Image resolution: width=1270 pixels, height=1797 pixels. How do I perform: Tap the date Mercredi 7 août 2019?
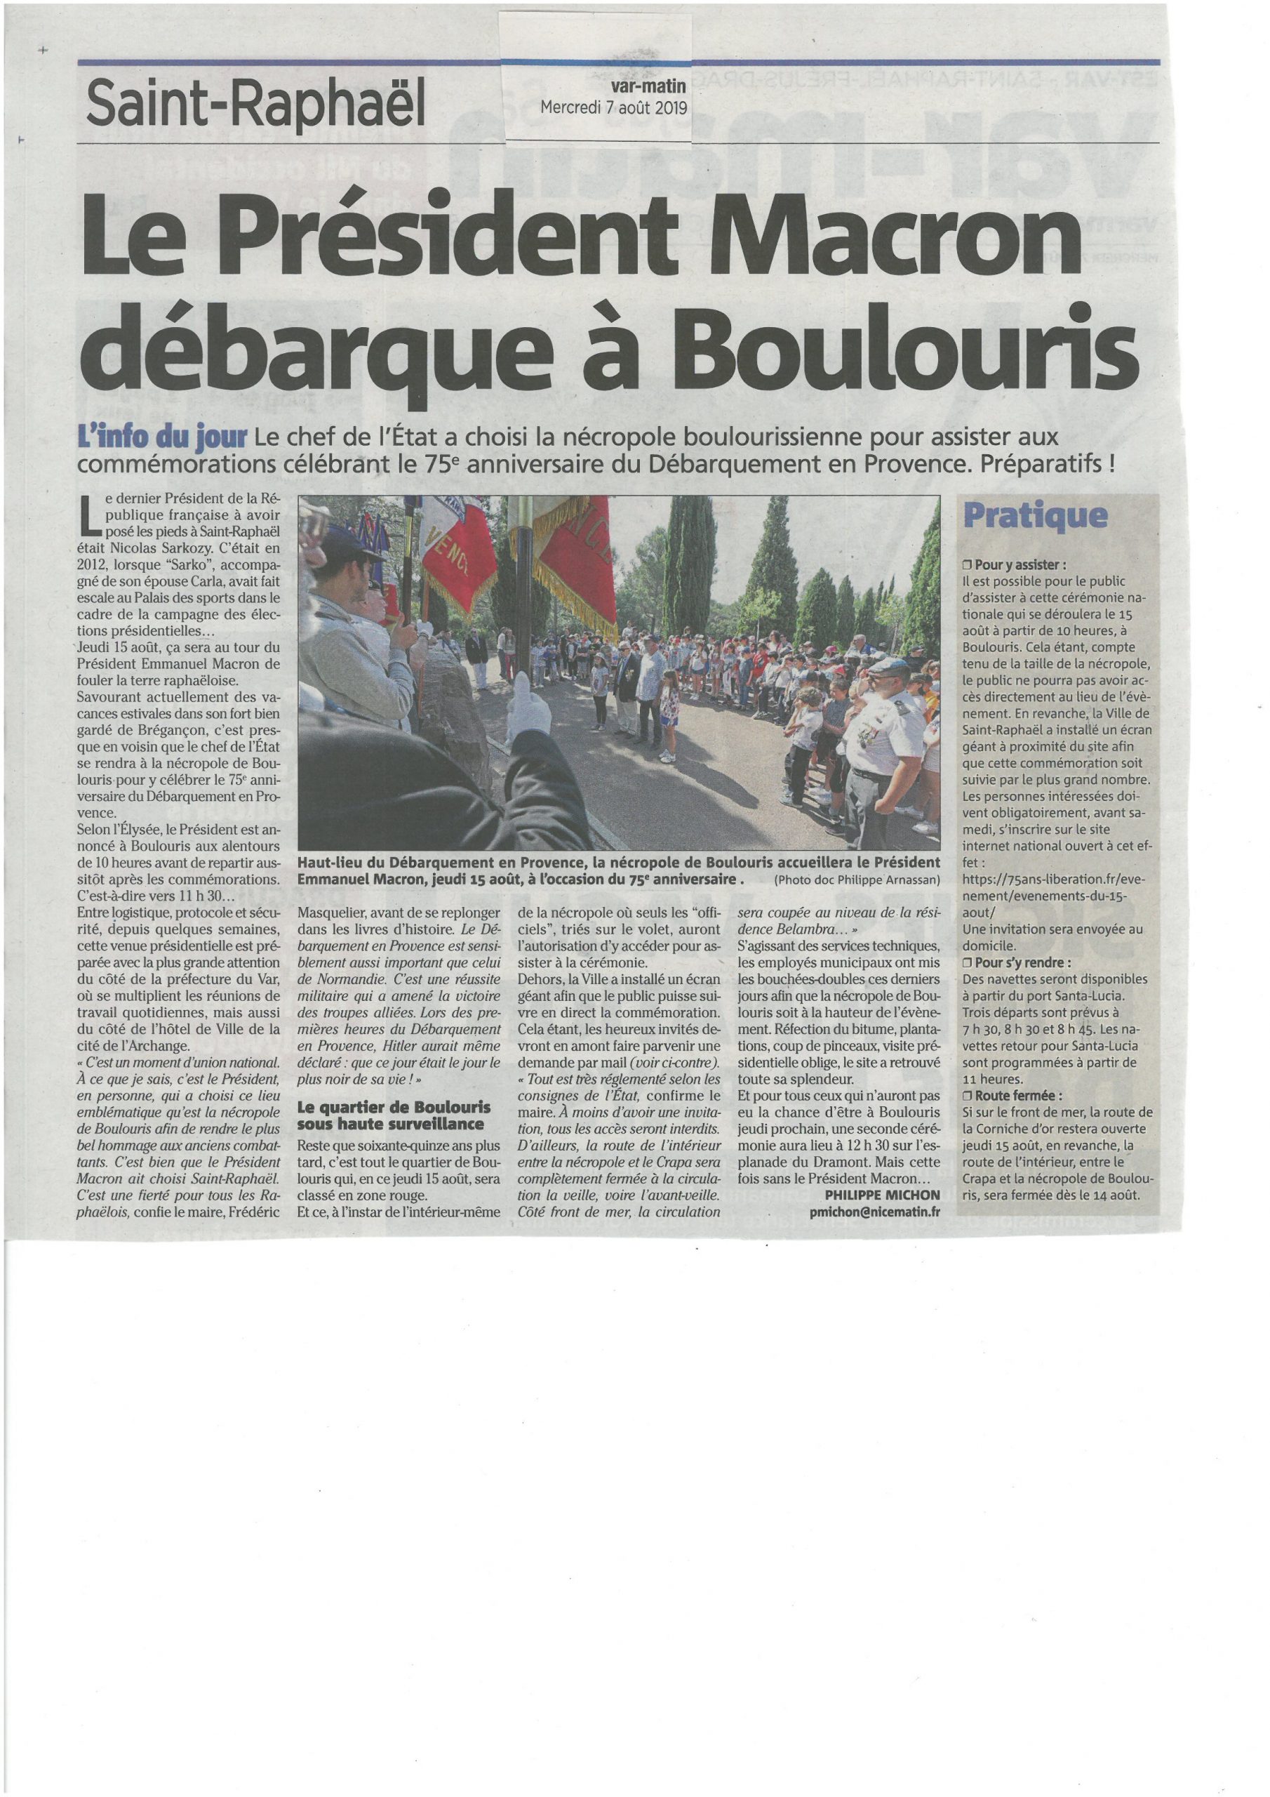614,108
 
